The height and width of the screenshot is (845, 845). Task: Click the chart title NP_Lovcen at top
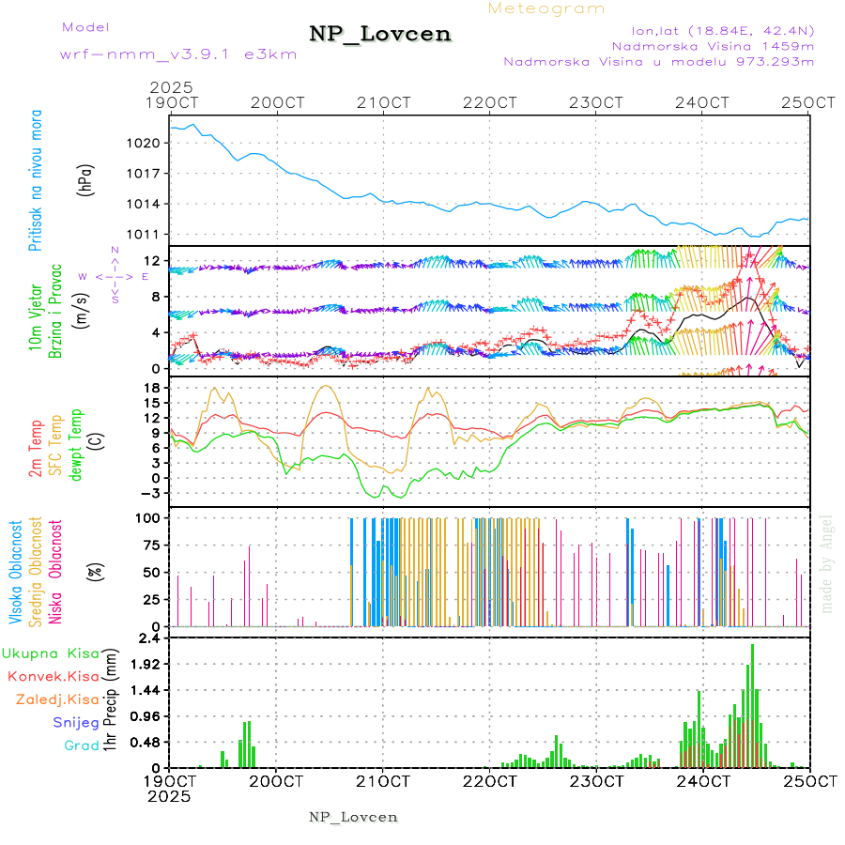pyautogui.click(x=380, y=34)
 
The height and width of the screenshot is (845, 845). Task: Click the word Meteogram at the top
pyautogui.click(x=546, y=8)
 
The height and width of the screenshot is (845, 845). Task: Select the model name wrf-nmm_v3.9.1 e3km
pyautogui.click(x=178, y=54)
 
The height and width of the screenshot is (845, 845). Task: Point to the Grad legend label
pyautogui.click(x=81, y=746)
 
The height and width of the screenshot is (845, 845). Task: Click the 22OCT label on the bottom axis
pyautogui.click(x=489, y=780)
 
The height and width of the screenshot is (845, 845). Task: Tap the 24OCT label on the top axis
pyautogui.click(x=702, y=102)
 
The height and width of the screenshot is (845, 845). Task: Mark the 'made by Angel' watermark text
pyautogui.click(x=827, y=563)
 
